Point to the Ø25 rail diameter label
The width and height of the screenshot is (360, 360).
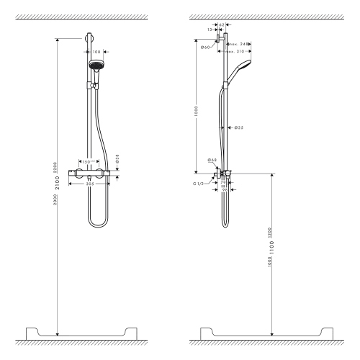238,127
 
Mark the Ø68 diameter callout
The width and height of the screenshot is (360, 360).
212,160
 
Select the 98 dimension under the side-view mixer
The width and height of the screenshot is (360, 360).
223,190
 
